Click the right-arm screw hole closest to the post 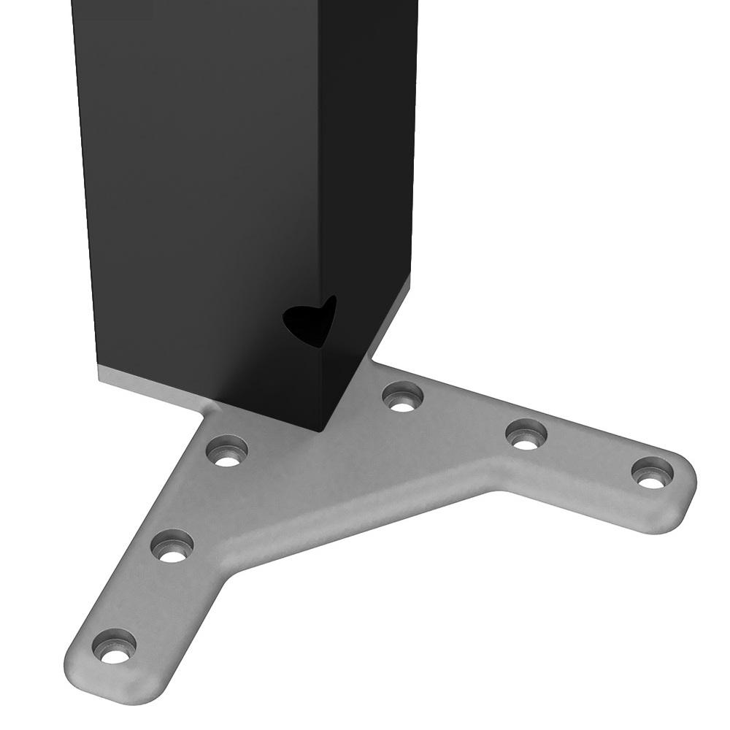pos(404,397)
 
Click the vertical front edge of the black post pos(319,219)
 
